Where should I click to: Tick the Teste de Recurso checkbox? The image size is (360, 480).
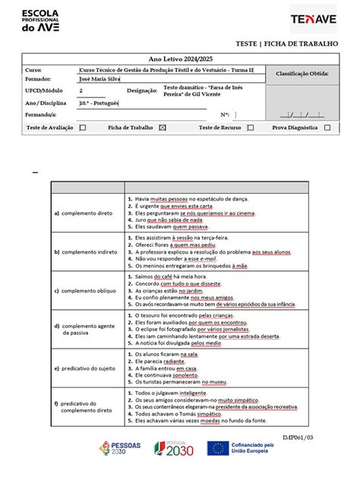click(x=250, y=128)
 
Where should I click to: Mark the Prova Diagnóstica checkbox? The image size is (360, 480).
click(x=327, y=128)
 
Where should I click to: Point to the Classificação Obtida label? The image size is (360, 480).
click(x=302, y=74)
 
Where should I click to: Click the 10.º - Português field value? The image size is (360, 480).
click(x=99, y=103)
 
